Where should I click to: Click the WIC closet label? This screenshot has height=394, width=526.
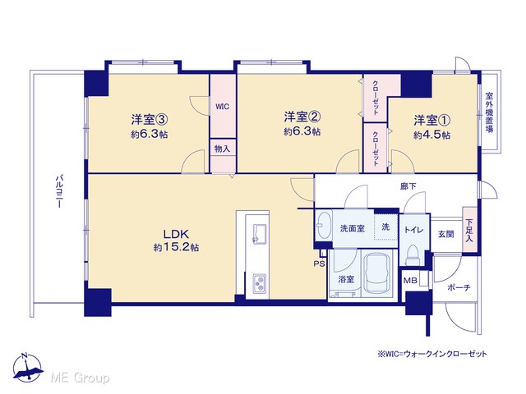click(223, 107)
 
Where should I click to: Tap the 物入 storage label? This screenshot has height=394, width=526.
click(223, 149)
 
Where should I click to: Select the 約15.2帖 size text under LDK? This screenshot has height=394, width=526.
click(176, 248)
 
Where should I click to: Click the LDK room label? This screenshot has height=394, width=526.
click(177, 233)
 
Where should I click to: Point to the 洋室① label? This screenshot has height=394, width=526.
click(432, 120)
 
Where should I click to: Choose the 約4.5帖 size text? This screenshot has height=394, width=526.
click(432, 135)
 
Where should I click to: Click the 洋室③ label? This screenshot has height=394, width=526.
click(150, 119)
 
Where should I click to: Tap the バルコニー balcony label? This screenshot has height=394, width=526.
click(59, 191)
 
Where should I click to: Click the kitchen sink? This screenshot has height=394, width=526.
click(260, 233)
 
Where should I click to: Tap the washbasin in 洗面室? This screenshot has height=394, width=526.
click(324, 225)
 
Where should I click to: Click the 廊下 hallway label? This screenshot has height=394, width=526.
click(408, 186)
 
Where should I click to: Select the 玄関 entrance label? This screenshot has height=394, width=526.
click(445, 234)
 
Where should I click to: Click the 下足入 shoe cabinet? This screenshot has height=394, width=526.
click(469, 230)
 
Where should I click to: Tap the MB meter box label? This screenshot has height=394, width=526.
click(410, 281)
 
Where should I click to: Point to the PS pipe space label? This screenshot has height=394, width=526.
click(320, 263)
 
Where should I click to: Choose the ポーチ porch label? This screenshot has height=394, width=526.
click(459, 287)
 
